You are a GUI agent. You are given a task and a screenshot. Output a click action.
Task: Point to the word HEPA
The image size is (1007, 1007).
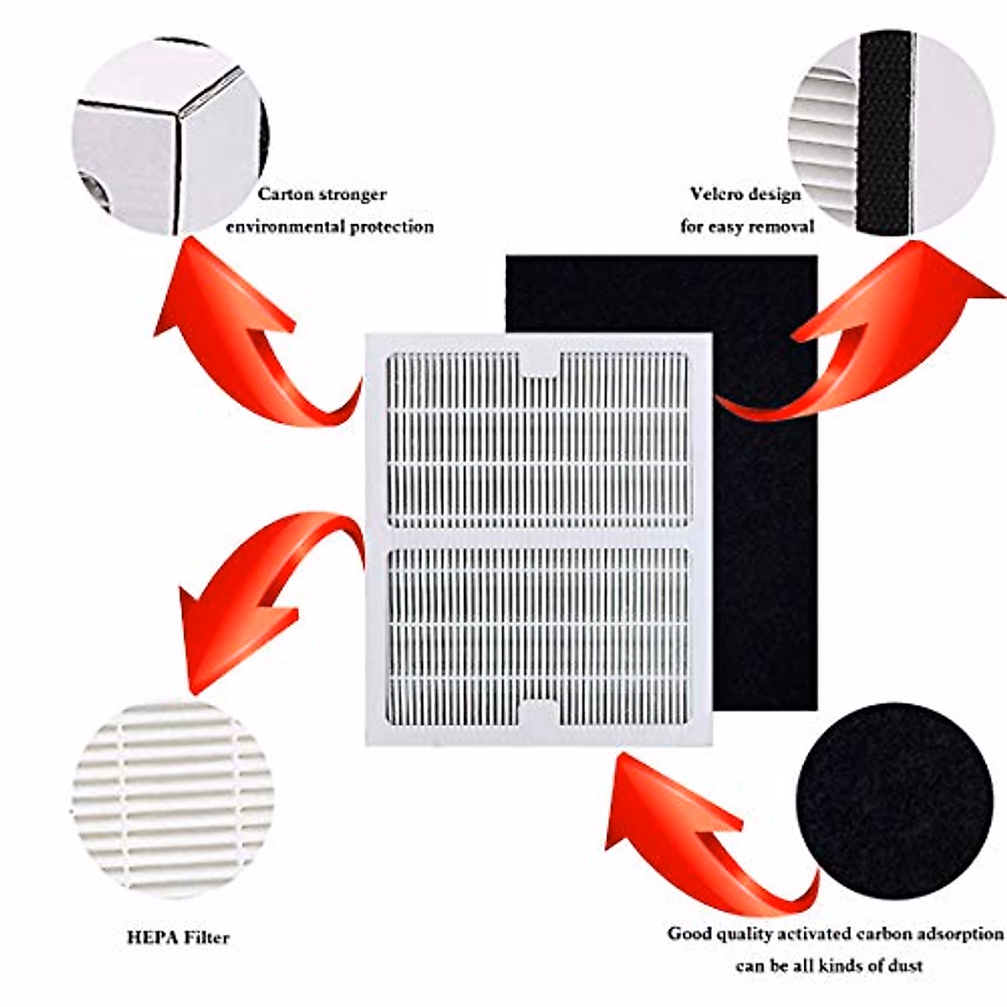(149, 937)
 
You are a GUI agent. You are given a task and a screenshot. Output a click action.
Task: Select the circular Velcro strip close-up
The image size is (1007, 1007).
(890, 134)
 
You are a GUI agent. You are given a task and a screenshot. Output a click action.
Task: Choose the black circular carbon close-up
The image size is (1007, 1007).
(894, 801)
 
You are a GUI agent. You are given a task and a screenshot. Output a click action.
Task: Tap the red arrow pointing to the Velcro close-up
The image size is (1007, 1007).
(864, 336)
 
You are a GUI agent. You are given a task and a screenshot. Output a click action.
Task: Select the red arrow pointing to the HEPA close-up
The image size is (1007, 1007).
(260, 587)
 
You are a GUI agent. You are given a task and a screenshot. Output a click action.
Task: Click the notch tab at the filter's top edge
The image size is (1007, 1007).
(540, 365)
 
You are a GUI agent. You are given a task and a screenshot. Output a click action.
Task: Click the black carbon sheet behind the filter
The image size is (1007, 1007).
(764, 503)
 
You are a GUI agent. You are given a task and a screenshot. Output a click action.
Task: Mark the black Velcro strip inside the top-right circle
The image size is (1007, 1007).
(885, 134)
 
